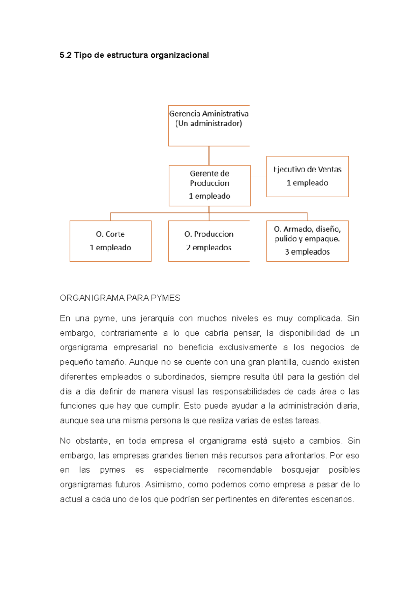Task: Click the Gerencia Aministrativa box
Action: (x=209, y=126)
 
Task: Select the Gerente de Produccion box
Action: (x=209, y=185)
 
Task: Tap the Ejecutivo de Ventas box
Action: (x=307, y=177)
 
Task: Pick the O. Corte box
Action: (x=110, y=241)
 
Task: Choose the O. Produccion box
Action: (x=209, y=241)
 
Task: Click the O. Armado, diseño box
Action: (x=307, y=241)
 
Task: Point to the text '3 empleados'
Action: (x=307, y=252)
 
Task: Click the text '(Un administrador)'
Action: (x=209, y=123)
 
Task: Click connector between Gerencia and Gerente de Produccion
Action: (x=209, y=156)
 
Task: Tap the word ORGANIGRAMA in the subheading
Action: (x=92, y=298)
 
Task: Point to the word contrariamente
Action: (x=129, y=333)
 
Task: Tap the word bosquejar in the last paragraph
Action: (x=300, y=470)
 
